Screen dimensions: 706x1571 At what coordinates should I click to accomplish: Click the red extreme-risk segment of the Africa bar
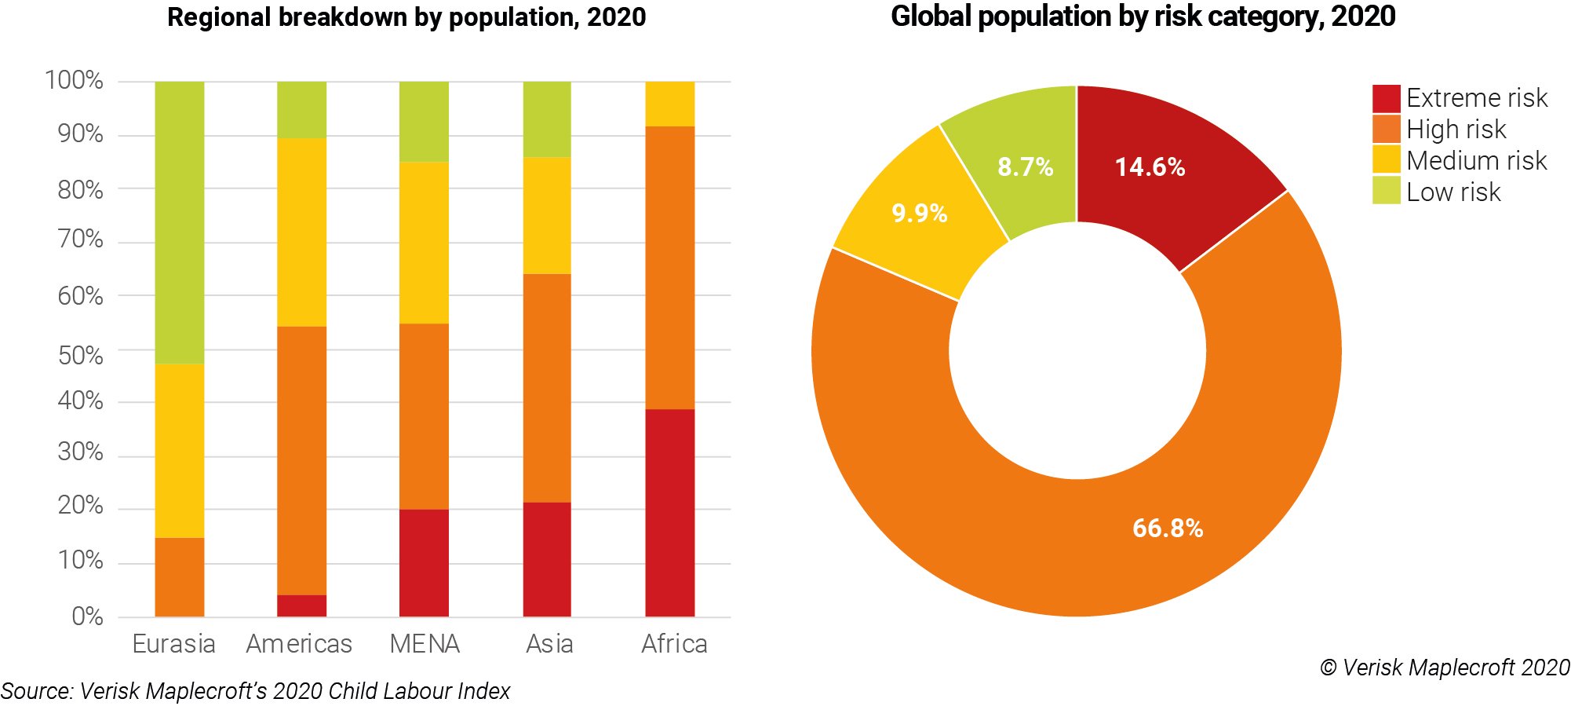tap(669, 512)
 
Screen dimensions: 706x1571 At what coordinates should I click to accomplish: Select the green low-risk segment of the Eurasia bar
tap(179, 221)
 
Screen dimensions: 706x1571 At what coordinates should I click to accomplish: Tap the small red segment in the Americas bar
tap(301, 605)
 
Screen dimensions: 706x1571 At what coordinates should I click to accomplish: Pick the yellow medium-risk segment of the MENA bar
tap(424, 242)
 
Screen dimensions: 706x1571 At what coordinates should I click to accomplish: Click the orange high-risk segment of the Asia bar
tap(547, 387)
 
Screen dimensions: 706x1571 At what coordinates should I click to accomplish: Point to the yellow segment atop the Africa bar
tap(669, 104)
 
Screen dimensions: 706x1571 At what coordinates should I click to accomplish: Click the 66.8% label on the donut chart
tap(1167, 528)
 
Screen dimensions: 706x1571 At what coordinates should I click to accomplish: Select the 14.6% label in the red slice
tap(1150, 166)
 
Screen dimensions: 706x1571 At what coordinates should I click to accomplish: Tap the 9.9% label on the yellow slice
tap(919, 213)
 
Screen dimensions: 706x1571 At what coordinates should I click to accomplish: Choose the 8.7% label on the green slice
tap(1025, 166)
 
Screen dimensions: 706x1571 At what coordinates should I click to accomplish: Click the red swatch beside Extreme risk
tap(1386, 98)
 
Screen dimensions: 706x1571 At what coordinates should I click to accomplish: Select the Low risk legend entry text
tap(1453, 192)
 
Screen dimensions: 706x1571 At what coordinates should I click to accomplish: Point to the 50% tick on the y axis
tap(81, 355)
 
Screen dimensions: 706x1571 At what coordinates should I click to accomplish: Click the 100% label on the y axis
tap(75, 80)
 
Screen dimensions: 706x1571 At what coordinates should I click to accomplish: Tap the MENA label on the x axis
tap(424, 644)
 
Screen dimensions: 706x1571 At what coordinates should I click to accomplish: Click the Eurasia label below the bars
tap(173, 644)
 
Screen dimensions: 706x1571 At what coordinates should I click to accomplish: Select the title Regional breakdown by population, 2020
tap(406, 17)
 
